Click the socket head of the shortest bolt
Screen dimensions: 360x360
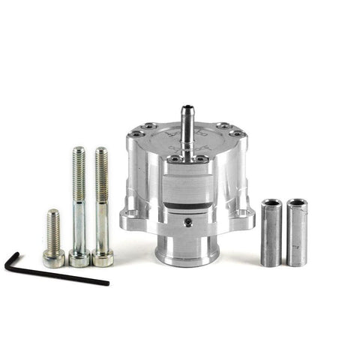[53, 259]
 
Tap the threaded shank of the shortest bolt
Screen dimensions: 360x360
[52, 228]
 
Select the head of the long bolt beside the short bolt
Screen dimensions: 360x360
[79, 257]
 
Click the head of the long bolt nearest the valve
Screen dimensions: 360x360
[102, 257]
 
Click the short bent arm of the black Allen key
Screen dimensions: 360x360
[10, 262]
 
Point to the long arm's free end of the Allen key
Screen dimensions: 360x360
[106, 283]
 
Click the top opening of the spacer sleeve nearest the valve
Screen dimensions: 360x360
[270, 204]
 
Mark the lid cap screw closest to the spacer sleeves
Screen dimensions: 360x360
[238, 133]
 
